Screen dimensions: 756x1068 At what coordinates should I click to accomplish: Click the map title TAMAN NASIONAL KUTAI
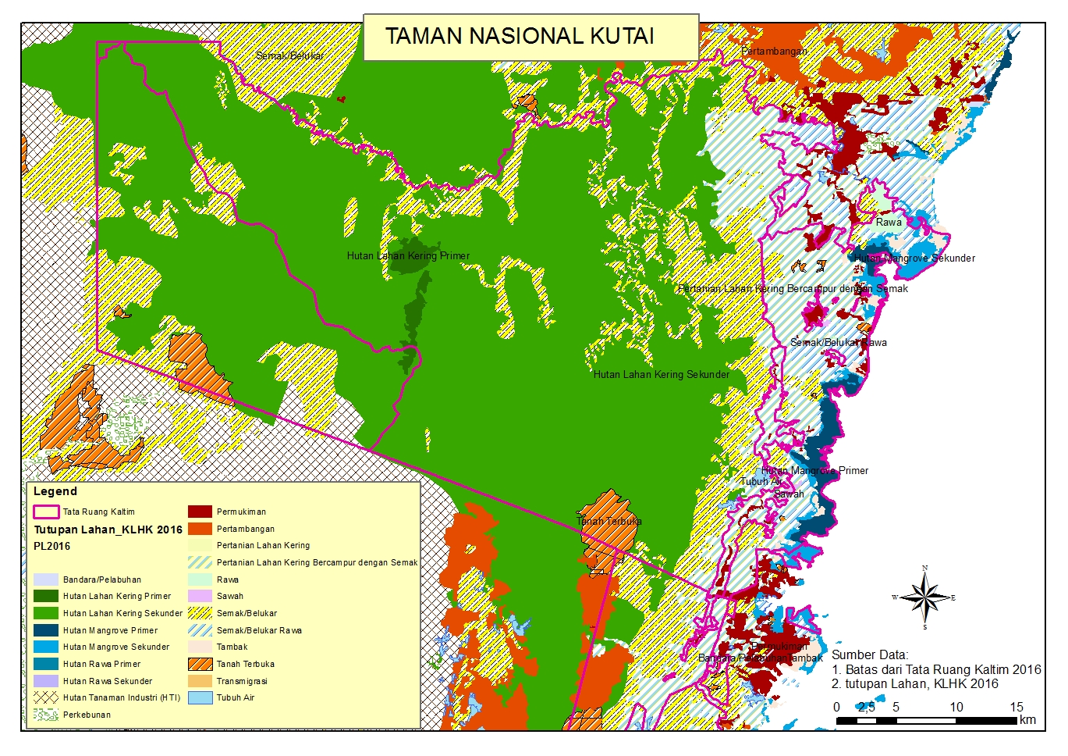(520, 36)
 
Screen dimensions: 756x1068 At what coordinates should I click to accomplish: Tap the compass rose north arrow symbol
(924, 598)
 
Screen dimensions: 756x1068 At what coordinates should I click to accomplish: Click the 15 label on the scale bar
(1016, 707)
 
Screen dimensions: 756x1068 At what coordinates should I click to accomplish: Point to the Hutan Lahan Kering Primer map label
(408, 255)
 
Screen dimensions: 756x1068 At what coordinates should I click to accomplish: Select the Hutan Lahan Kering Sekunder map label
(661, 374)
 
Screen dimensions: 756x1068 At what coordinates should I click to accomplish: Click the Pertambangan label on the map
(774, 51)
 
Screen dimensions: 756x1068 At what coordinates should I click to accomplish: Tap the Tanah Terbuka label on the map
(609, 521)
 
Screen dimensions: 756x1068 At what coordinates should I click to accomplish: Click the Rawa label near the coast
(888, 222)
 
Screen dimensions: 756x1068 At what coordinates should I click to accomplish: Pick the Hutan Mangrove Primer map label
(814, 470)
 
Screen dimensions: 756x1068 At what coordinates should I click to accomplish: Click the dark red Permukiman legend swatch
(200, 512)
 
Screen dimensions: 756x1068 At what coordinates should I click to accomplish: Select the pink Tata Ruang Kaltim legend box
(46, 512)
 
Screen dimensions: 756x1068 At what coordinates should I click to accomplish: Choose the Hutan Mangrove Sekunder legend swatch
(46, 647)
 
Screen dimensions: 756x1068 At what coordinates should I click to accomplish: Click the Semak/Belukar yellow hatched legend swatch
(200, 613)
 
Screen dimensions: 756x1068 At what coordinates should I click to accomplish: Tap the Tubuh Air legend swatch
(200, 697)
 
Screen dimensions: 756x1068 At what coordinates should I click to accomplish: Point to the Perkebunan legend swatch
(46, 715)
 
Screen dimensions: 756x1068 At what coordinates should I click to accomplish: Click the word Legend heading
(55, 491)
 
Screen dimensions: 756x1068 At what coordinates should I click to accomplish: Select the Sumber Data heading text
(869, 654)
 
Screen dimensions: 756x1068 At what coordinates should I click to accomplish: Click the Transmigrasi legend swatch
(200, 681)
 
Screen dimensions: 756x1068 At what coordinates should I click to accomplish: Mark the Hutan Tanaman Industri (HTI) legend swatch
(46, 697)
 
